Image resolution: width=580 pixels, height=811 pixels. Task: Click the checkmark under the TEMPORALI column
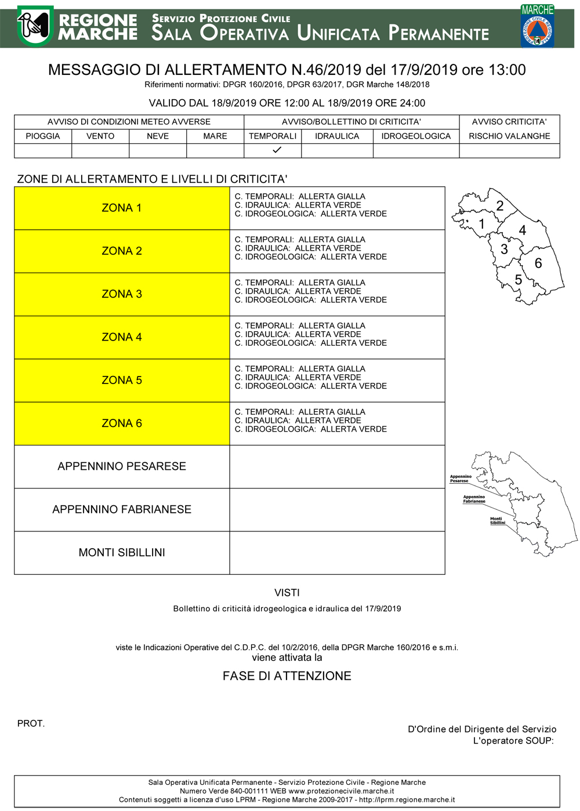coord(277,150)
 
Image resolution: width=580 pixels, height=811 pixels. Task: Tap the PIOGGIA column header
coord(43,136)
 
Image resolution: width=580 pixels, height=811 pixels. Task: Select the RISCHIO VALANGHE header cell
coord(509,136)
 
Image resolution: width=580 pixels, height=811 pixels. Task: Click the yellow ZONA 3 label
coord(122,294)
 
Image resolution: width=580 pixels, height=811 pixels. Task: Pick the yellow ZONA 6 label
coord(122,423)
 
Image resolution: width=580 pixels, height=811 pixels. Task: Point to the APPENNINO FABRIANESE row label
coord(122,509)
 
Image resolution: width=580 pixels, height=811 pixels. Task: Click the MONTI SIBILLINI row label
coord(122,552)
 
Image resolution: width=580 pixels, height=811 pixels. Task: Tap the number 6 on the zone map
coord(538,263)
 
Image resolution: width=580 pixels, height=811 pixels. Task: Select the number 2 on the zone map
coord(500,206)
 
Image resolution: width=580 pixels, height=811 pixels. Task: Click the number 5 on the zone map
coord(519,280)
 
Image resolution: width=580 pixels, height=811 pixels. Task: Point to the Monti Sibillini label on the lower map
coord(497,521)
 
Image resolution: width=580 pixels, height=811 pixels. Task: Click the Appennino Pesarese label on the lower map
coord(461,479)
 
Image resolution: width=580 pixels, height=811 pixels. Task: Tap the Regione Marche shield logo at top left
coord(35,26)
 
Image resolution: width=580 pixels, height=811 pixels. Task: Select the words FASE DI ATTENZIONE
coord(287,676)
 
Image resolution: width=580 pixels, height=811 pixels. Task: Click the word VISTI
coord(287,593)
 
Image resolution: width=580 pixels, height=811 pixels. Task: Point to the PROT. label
coord(31,723)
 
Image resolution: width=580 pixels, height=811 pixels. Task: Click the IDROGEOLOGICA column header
coord(416,136)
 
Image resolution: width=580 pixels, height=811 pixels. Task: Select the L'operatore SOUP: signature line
coord(513,741)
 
